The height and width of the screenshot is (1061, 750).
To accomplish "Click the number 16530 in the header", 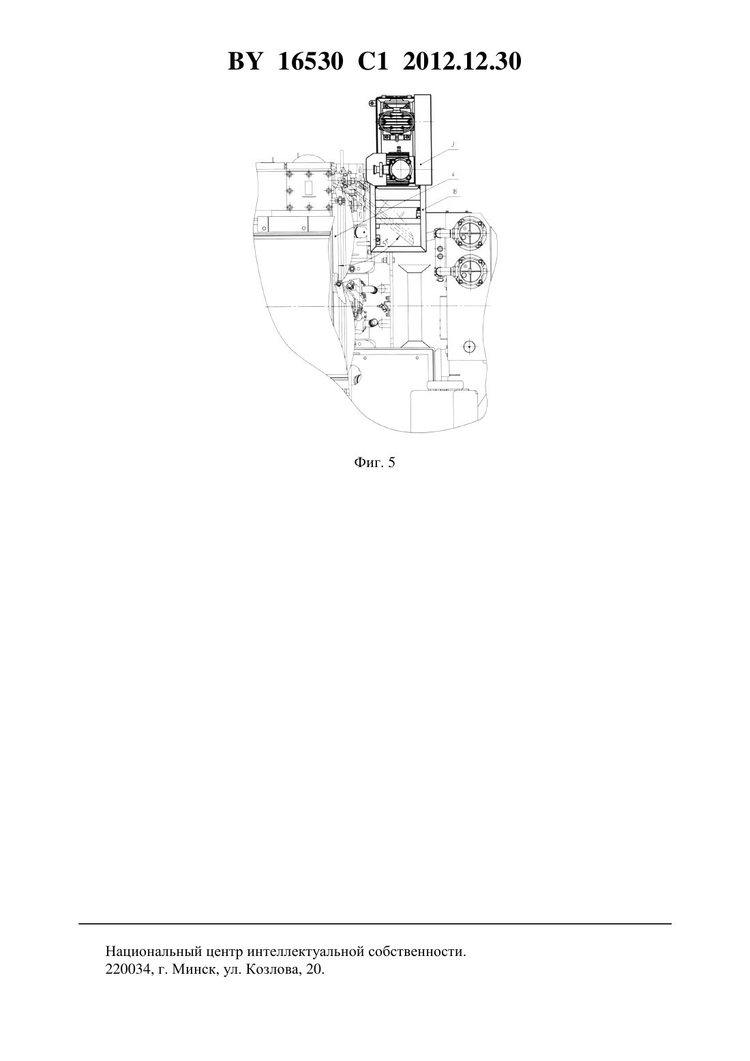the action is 310,61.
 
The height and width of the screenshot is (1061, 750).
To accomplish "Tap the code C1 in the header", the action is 373,61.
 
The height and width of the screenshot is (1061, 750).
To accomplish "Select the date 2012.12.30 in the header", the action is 462,61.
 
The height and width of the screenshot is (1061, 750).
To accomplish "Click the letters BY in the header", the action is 245,61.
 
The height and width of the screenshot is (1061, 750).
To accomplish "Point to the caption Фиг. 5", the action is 374,462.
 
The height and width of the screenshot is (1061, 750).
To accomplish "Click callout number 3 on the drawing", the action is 453,145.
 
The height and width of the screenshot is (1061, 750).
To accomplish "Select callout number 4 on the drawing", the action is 453,175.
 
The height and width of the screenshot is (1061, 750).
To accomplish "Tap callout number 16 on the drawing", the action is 455,192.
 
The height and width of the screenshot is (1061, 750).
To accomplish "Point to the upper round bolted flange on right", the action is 468,233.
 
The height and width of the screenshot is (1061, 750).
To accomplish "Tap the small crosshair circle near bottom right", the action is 469,346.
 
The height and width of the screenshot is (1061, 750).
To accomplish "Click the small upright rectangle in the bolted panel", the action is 309,188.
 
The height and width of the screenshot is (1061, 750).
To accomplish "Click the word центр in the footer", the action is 222,952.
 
